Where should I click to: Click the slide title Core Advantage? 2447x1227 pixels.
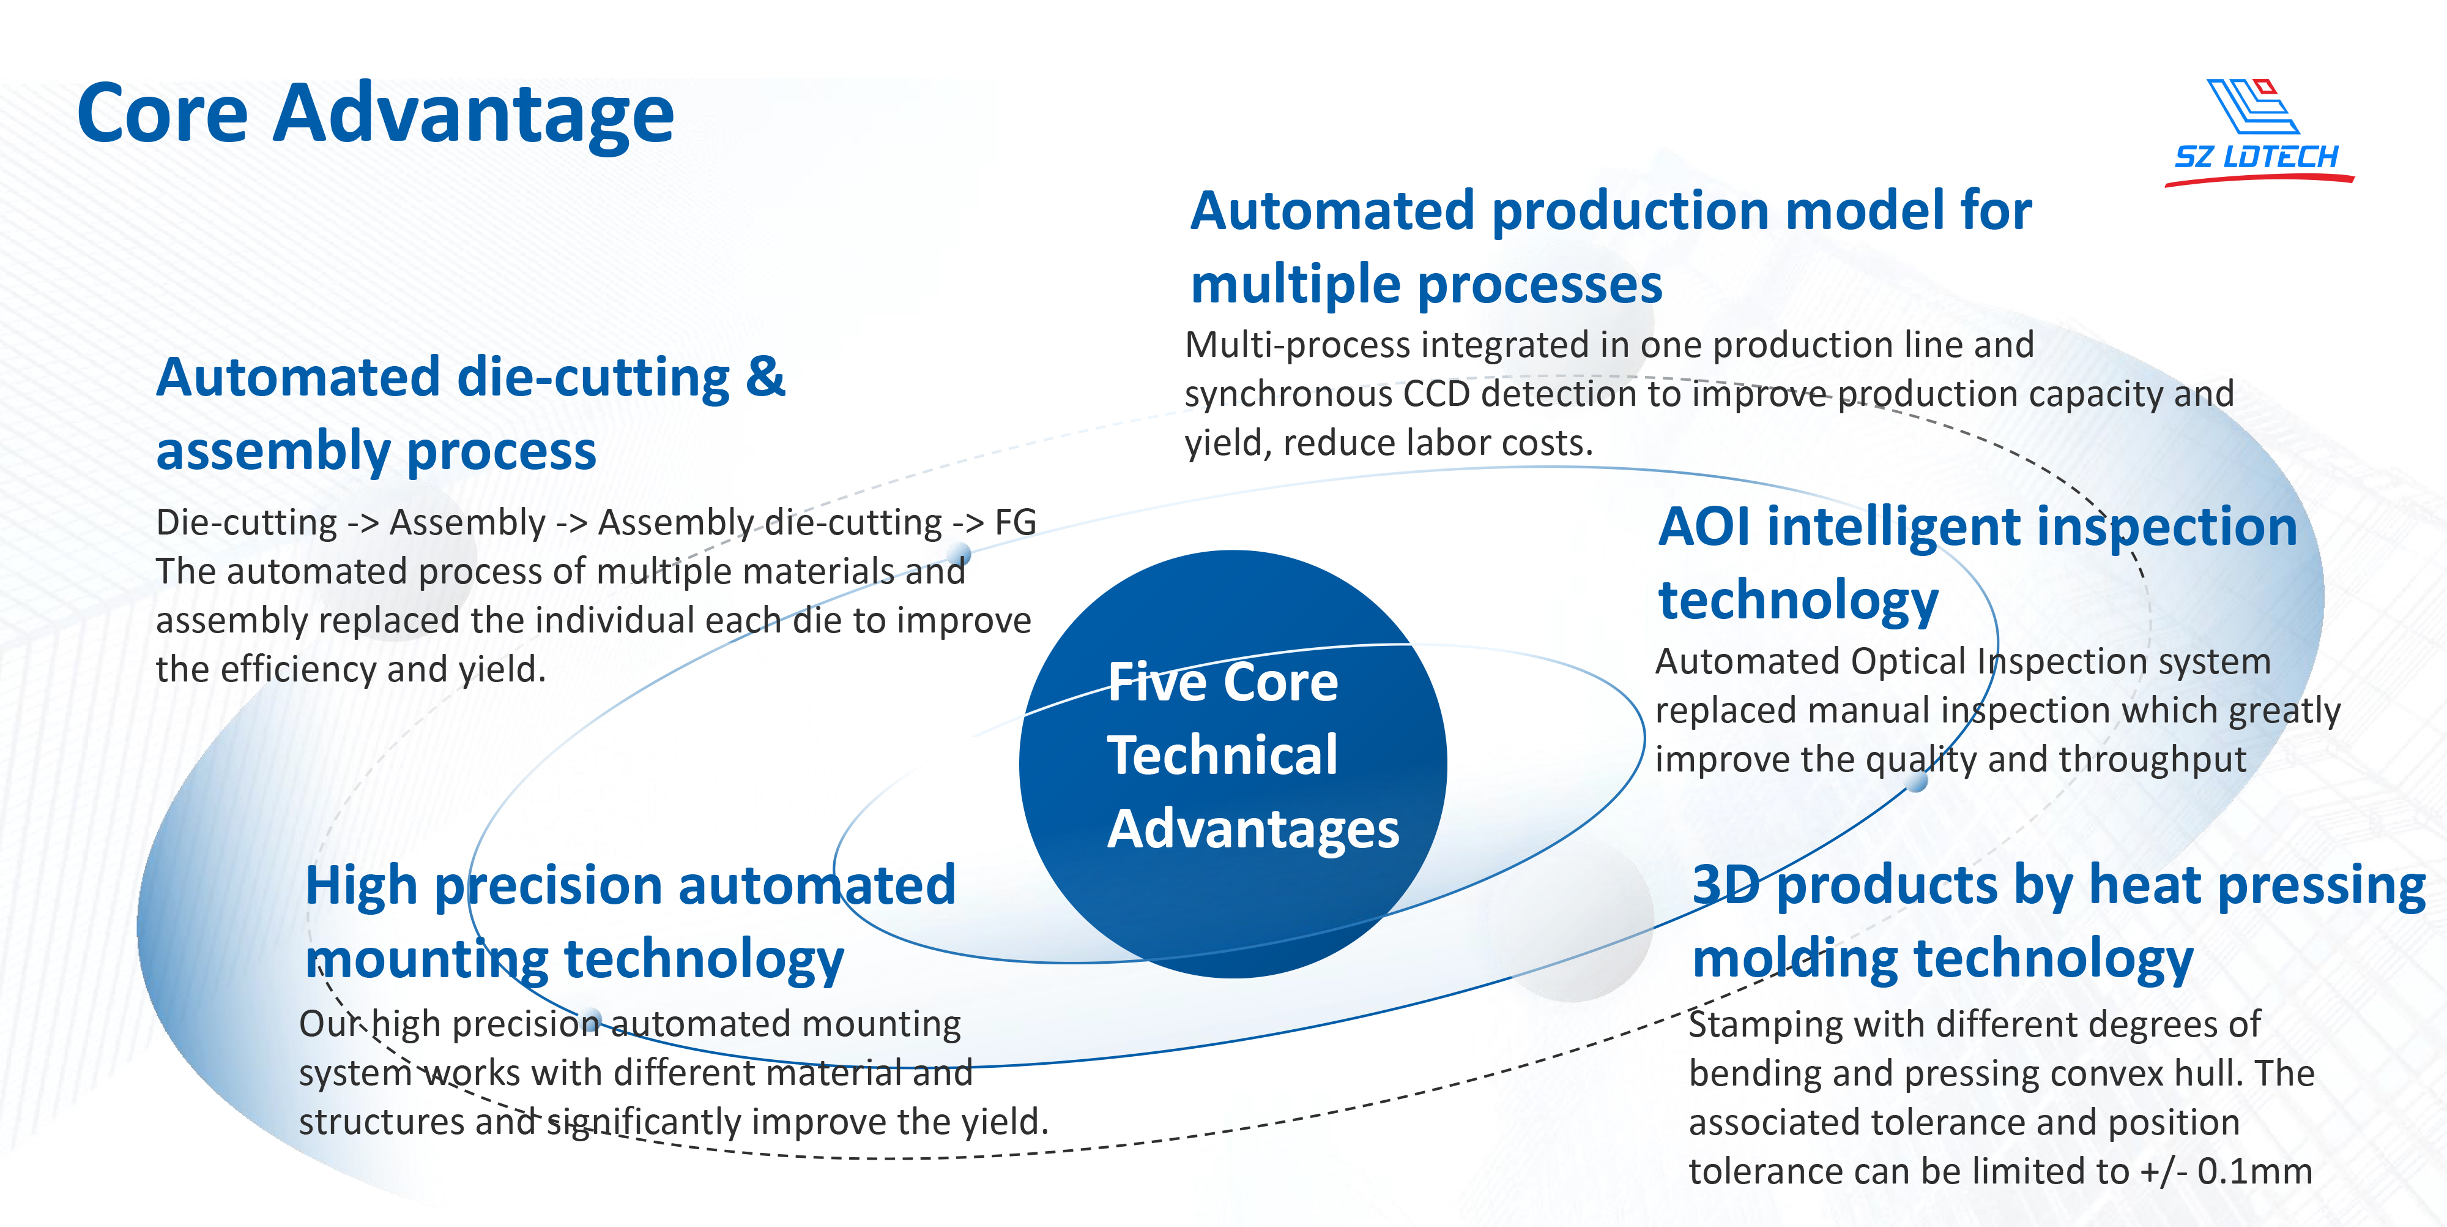tap(375, 114)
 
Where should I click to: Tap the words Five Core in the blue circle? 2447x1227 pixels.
tap(1222, 683)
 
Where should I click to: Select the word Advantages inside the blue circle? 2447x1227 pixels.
tap(1253, 830)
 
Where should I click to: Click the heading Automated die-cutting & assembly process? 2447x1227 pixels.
tap(471, 413)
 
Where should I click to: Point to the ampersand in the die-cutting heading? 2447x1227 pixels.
tap(766, 377)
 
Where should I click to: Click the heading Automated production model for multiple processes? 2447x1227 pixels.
tap(1611, 247)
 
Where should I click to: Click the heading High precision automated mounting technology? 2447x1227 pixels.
tap(630, 922)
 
